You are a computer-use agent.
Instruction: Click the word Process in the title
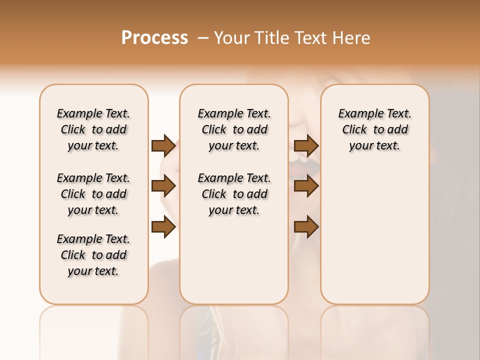click(154, 38)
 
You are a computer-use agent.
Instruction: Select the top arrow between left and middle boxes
click(163, 145)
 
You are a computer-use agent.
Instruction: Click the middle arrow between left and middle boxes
click(163, 186)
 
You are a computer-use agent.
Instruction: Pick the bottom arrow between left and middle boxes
click(163, 227)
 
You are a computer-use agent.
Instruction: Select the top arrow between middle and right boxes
click(306, 145)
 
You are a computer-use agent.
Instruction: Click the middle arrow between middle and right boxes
click(306, 186)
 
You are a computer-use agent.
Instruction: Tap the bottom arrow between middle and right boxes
click(306, 227)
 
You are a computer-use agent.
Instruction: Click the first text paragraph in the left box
click(93, 129)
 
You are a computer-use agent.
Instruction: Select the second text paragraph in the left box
click(93, 194)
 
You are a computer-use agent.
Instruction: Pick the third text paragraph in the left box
click(93, 255)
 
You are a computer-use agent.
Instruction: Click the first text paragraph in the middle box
click(234, 129)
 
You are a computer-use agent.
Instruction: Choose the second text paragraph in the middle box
click(234, 194)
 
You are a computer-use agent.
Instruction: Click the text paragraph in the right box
click(374, 129)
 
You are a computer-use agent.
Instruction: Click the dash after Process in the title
click(203, 38)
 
